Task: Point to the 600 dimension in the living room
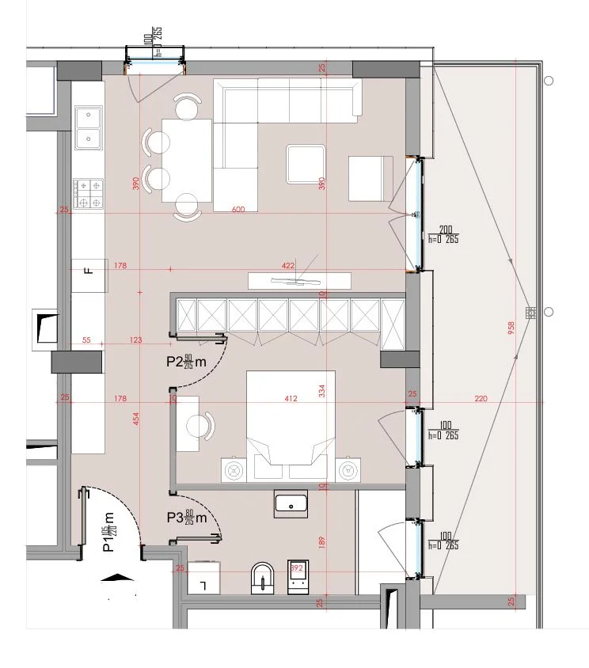pos(238,210)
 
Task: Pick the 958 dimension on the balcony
pos(511,325)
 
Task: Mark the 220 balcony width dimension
pos(481,399)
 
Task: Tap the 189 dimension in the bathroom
pos(321,542)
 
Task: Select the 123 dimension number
pos(136,340)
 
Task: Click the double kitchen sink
pos(88,128)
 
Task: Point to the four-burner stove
pos(88,193)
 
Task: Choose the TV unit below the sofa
pos(299,280)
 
